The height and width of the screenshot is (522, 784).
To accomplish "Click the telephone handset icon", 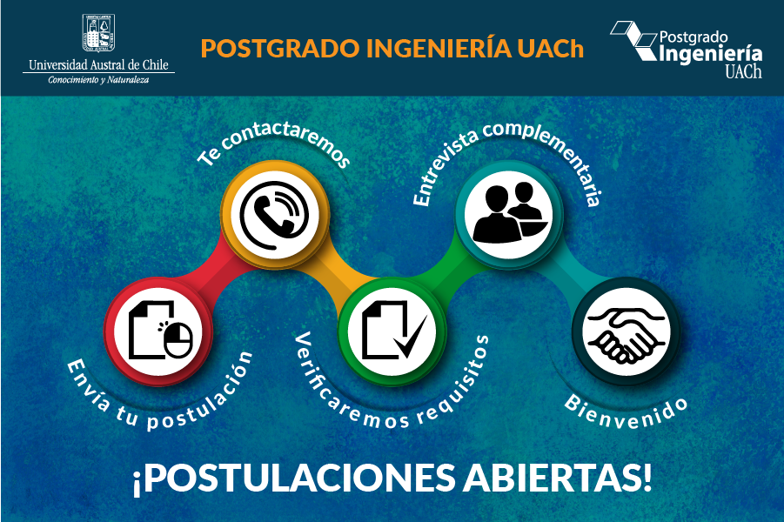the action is pos(274,215).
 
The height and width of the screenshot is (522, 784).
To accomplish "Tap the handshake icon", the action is pos(626,334).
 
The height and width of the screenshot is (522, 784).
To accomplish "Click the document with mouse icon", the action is pos(160,331).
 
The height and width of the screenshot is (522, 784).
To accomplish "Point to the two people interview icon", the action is pos(510,213).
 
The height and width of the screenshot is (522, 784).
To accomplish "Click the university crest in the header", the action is pos(98,32).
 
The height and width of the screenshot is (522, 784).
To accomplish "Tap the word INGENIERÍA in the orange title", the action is pos(439,48).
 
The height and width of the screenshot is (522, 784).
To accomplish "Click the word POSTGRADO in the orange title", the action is pos(280,49).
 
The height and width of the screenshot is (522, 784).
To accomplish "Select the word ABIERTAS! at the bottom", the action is pos(558,478).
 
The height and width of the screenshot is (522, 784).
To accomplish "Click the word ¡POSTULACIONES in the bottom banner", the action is pos(294,479).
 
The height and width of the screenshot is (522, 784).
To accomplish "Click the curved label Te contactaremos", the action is pos(272,143).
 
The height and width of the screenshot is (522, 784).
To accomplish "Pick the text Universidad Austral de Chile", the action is pos(98,65).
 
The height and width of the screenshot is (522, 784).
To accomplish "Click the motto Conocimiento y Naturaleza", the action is pos(98,80).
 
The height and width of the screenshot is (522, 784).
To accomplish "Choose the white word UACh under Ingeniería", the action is pos(743,71).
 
